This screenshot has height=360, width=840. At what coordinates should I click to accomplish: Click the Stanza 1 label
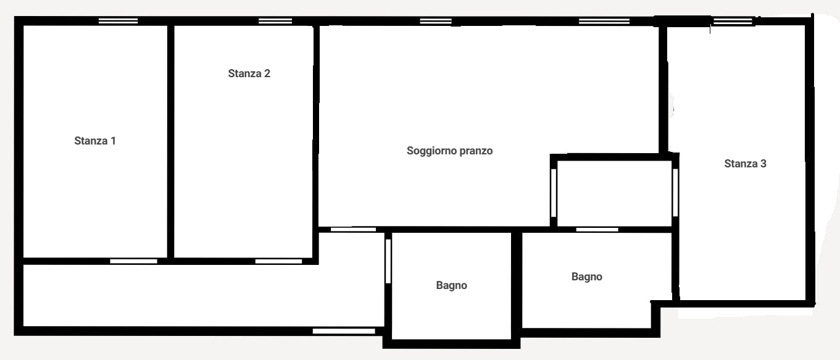tap(95, 141)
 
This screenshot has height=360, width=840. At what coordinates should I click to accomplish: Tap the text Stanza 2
tap(249, 73)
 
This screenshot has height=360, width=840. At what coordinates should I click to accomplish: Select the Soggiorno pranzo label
tap(449, 151)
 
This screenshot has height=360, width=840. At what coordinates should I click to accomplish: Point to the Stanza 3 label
tap(745, 164)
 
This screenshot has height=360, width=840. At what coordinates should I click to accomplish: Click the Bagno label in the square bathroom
tap(451, 285)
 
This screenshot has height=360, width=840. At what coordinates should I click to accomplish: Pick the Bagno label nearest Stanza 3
tap(586, 277)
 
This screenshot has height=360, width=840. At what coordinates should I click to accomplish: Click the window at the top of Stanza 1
tap(118, 21)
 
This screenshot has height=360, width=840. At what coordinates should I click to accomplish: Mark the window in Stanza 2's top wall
tap(275, 21)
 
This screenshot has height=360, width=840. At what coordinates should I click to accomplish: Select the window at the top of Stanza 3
tap(733, 22)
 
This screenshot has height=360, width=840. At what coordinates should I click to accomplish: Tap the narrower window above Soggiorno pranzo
tap(436, 21)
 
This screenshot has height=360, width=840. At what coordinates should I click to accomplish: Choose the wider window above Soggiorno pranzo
tap(604, 21)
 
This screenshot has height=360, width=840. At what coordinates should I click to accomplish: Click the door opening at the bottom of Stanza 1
tap(133, 261)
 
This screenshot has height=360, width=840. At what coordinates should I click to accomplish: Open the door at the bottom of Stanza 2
tap(278, 261)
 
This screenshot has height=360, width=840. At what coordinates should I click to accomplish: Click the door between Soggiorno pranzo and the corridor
tap(353, 229)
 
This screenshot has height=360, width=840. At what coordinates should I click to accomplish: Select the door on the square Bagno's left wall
tap(388, 261)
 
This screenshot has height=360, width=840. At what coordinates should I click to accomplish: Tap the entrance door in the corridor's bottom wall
tap(344, 331)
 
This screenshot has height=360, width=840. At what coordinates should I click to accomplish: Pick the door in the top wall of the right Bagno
tap(597, 229)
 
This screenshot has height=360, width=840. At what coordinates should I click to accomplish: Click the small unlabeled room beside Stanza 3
tap(614, 193)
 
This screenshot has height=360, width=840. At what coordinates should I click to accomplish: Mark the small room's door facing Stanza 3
tap(675, 192)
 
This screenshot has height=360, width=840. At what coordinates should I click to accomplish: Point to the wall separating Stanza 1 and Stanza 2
tap(170, 141)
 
